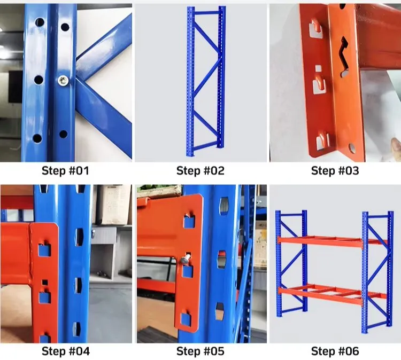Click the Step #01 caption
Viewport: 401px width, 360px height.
[65, 171]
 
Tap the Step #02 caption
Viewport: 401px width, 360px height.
[200, 171]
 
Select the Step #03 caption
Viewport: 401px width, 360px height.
[335, 171]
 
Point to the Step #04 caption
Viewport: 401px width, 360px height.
[66, 351]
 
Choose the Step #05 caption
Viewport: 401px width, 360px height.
[200, 351]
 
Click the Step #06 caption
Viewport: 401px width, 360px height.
[335, 351]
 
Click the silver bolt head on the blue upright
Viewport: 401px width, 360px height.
[63, 81]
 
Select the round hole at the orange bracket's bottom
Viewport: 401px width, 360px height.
[352, 147]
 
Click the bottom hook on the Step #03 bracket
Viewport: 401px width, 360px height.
[322, 141]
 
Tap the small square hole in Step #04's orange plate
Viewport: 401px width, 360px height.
[45, 283]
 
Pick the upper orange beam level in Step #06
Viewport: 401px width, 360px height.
[333, 241]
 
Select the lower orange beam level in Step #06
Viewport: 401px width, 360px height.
[333, 293]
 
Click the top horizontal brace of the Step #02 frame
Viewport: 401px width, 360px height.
[206, 12]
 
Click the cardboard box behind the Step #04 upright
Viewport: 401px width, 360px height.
[113, 205]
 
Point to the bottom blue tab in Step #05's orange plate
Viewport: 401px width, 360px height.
[186, 319]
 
